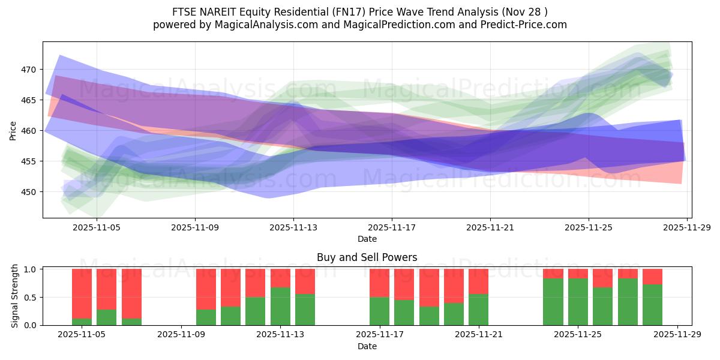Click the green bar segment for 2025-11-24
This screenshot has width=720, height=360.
(553, 302)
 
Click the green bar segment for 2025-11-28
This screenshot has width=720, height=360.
(652, 305)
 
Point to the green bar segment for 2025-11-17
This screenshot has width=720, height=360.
(379, 311)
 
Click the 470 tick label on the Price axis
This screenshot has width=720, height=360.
(28, 70)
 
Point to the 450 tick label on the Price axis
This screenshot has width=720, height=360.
(28, 192)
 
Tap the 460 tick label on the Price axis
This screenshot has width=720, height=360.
(28, 131)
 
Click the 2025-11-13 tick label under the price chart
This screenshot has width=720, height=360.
(293, 228)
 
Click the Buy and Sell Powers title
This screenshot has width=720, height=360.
(367, 257)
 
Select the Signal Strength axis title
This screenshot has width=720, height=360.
(15, 297)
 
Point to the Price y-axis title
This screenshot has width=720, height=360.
(13, 130)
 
